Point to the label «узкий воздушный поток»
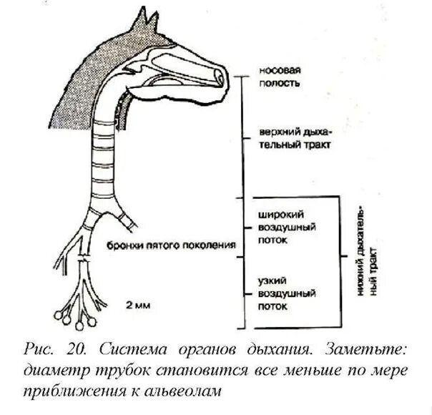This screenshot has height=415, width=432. pyautogui.click(x=277, y=293)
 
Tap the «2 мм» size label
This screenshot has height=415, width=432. pyautogui.click(x=136, y=306)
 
